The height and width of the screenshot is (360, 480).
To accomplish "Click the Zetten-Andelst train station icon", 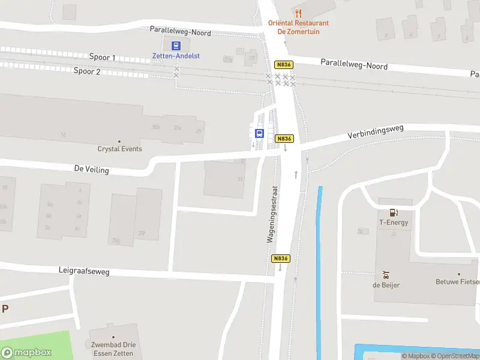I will [176, 45].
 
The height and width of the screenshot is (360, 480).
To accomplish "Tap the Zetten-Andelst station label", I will [175, 56].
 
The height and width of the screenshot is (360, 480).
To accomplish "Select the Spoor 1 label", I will [102, 58].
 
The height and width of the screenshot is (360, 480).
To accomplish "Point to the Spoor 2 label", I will [87, 71].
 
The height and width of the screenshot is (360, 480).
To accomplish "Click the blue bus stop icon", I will [260, 133].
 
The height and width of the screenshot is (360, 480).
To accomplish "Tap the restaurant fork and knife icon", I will [298, 13].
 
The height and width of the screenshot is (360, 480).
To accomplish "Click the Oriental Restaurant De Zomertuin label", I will [298, 27].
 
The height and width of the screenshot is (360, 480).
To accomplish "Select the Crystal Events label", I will [120, 149].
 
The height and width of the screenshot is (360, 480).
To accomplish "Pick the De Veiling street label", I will [92, 170].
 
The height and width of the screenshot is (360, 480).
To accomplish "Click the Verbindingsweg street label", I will [376, 132].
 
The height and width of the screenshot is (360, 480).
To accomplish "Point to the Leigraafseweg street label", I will [84, 272].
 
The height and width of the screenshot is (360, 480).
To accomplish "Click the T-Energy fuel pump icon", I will [394, 212].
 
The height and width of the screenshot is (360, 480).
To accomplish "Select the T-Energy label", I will [394, 223].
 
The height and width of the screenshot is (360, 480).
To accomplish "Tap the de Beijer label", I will [386, 285].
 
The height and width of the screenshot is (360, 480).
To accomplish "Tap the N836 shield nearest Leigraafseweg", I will [281, 259].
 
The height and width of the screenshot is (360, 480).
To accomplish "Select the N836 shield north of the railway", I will [283, 64].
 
